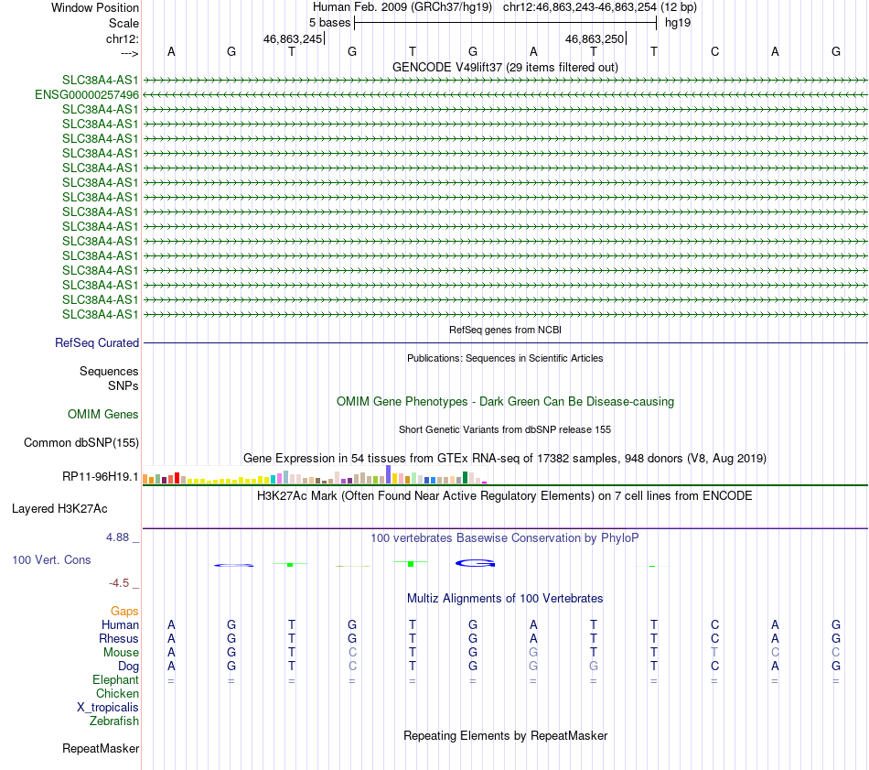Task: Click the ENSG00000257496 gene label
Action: coord(87,94)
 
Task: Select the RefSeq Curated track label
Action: coord(97,342)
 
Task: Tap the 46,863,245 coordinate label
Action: coord(293,39)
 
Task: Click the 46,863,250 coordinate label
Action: coord(595,39)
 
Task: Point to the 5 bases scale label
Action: coord(329,22)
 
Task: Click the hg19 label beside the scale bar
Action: coord(678,22)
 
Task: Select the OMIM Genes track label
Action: coord(103,415)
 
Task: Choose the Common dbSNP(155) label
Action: coord(80,443)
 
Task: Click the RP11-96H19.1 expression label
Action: coord(101,476)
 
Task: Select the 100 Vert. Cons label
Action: coord(51,559)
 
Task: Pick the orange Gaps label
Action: coord(124,611)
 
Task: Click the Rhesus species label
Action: coord(119,638)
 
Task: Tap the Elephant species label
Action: coord(115,679)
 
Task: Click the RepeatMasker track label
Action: coord(101,749)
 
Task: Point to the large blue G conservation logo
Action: coord(475,562)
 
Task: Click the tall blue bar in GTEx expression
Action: coord(389,473)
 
